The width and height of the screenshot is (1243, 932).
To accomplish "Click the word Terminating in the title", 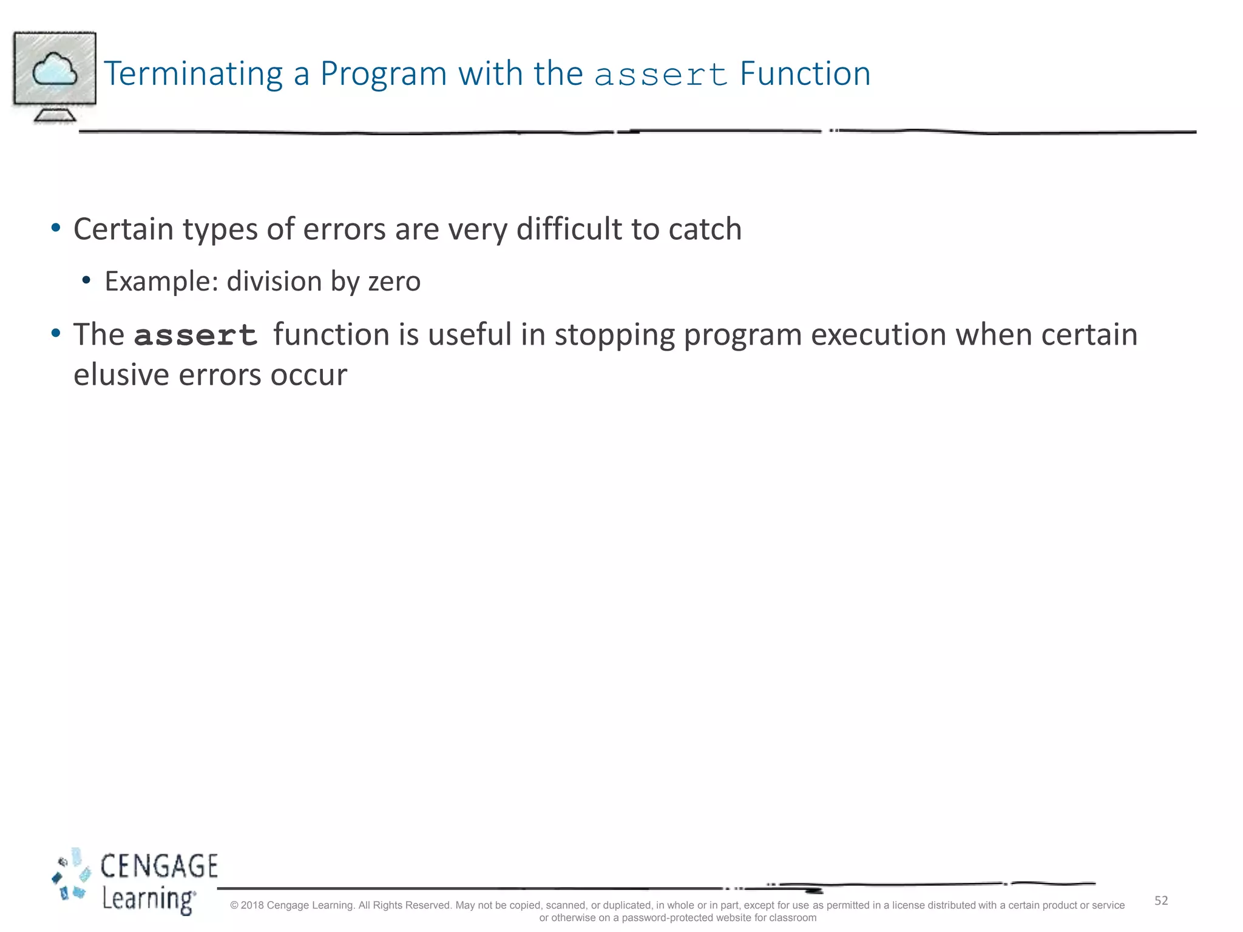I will (x=193, y=74).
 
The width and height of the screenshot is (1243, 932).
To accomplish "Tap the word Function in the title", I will (x=805, y=74).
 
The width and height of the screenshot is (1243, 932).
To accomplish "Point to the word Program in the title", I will (x=384, y=74).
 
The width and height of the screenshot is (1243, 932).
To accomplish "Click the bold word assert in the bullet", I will (x=195, y=336).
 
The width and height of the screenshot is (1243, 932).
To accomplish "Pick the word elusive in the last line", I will (x=121, y=375).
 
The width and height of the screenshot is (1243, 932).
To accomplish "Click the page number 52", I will (x=1160, y=900).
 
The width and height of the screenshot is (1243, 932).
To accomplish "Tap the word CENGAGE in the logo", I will (x=159, y=866).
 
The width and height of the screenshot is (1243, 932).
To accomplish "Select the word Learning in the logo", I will (x=147, y=899).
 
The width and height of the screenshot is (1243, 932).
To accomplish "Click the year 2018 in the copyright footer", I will (x=252, y=905).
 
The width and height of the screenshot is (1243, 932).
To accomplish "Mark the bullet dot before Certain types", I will (x=56, y=229).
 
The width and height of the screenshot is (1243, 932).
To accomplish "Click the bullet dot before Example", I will (x=86, y=280).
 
